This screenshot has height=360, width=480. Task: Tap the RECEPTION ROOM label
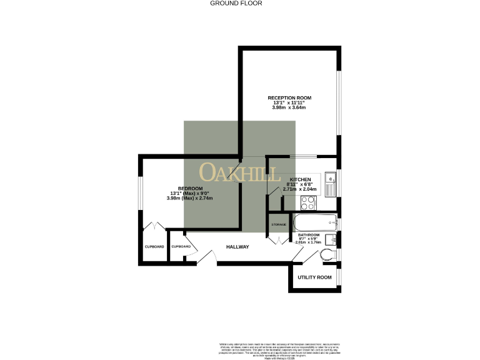coord(289,98)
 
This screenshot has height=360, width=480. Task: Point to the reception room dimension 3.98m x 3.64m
coord(289,107)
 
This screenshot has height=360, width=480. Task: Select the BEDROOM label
coord(190,189)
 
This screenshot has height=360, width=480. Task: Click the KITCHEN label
coord(300,179)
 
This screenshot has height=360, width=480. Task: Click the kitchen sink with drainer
coord(331,182)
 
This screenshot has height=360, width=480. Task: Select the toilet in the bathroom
coord(326,254)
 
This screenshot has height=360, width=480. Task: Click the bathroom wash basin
coord(332,238)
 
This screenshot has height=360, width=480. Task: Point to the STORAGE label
coord(279,224)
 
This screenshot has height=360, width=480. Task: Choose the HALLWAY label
coord(237,247)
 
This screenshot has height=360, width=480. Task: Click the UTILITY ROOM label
coord(314,277)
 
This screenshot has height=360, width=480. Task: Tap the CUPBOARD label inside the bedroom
coord(154,247)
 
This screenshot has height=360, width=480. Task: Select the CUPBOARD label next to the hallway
coord(181,247)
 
